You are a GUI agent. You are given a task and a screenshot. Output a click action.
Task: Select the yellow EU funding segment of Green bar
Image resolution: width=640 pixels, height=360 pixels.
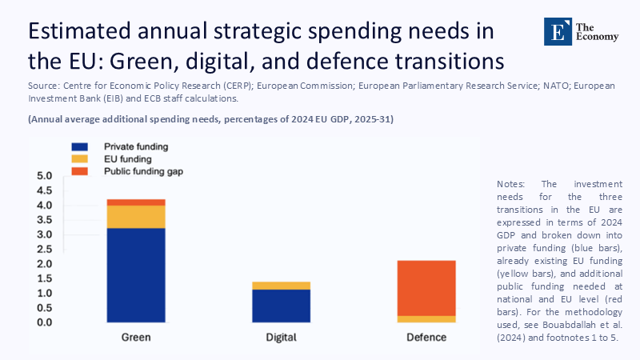click(136, 217)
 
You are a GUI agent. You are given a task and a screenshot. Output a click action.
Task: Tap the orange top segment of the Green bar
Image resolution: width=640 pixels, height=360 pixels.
click(136, 202)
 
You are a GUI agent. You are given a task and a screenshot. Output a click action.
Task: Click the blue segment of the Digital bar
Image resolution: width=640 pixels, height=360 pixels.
click(281, 306)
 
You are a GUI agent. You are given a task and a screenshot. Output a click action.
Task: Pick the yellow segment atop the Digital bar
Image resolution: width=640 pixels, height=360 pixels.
click(281, 286)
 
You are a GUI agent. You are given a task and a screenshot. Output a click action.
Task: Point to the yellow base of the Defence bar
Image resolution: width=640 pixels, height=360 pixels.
click(426, 318)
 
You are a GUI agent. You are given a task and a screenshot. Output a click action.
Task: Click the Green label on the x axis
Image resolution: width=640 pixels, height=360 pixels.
click(136, 338)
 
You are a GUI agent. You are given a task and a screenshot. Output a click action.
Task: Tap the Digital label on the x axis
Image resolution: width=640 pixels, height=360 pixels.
click(281, 338)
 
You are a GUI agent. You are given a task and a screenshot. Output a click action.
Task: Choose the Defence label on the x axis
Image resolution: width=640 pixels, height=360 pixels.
click(426, 338)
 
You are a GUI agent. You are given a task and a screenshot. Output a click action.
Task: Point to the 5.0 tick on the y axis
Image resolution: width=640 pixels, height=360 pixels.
click(44, 176)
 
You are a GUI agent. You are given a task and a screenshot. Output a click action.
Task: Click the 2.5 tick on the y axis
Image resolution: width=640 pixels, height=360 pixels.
click(44, 249)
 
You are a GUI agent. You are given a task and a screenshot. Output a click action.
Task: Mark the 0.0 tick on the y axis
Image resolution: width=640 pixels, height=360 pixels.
click(44, 322)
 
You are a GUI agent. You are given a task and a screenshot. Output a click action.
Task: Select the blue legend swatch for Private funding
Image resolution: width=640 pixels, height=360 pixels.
click(80, 147)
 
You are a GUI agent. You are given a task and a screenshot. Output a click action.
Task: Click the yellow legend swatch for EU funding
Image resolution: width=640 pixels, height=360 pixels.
click(80, 159)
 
